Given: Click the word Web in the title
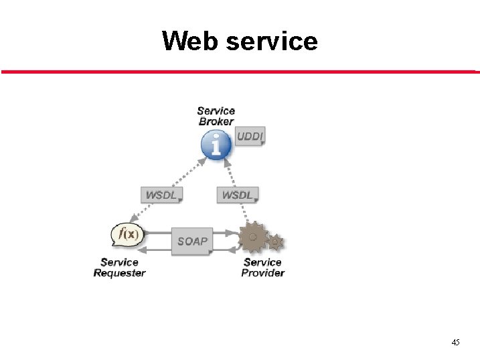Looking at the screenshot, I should coord(191,41).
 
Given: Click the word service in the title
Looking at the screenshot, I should coord(272,41).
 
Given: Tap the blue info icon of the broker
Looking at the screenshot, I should coord(216,144).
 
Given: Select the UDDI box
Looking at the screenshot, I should coord(250,137).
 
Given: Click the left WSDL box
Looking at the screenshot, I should coord(161,195).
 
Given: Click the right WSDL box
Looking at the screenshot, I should coord(237,195).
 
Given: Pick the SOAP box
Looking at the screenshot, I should coord(193,241).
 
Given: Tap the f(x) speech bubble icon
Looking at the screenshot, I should coord(127,235).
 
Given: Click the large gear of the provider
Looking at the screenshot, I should coord(253,238).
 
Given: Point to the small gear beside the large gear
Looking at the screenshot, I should coord(275,242).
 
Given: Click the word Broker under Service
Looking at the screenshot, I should coord(216,122).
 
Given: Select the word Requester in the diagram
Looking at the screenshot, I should coord(119,273).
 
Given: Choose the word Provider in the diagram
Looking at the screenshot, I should coord(262,273).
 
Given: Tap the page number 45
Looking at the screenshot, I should coord(455,343).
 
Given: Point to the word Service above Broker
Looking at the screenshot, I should coord(216,111).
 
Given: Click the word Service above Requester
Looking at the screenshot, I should coord(119,262).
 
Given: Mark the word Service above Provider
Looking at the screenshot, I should coord(262,262).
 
